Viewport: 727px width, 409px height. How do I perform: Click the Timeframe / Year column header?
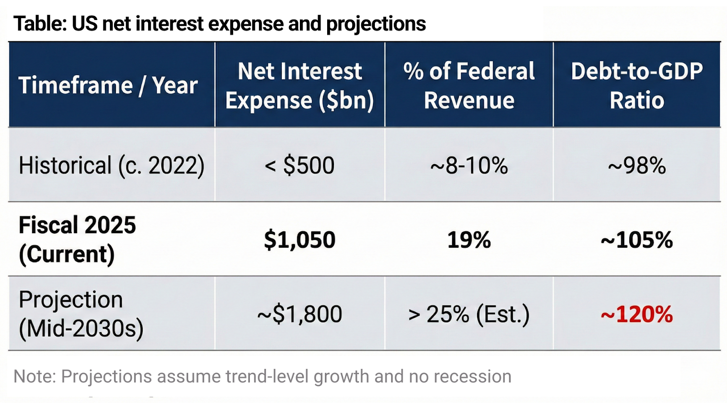click(108, 85)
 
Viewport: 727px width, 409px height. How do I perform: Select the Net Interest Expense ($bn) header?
click(299, 85)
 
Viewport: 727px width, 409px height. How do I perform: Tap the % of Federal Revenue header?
click(469, 85)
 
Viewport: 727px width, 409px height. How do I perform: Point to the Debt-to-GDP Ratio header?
click(637, 85)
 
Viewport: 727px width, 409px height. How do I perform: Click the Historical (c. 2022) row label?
click(111, 165)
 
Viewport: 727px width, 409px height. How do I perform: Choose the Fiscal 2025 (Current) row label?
click(77, 239)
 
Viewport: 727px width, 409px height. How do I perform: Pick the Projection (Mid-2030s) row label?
click(81, 314)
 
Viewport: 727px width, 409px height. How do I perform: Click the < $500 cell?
click(299, 165)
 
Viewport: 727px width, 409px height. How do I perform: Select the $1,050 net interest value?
click(299, 240)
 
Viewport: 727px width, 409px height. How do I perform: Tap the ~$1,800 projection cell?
click(299, 314)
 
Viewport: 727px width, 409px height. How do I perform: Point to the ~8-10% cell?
click(469, 165)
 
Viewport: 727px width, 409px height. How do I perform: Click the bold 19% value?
click(469, 240)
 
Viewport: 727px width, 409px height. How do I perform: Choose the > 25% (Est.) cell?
click(469, 314)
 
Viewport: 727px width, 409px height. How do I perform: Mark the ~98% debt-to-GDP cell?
click(637, 165)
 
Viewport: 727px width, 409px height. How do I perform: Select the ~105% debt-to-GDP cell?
click(637, 240)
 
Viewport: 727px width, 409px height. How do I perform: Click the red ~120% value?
click(637, 314)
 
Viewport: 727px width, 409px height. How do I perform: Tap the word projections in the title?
click(376, 24)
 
